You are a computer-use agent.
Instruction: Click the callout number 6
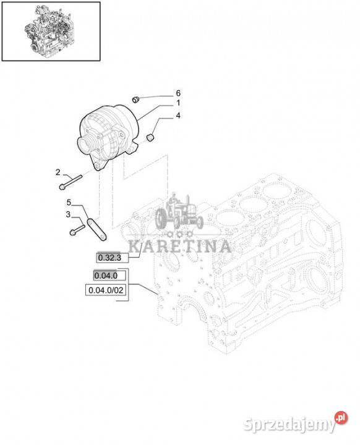point(178,93)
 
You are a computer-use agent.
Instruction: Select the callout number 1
point(178,103)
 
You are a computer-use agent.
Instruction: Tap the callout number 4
point(178,116)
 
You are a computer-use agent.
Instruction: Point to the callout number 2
point(58,172)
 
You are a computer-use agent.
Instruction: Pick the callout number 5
point(69,202)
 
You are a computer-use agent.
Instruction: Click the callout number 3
point(68,214)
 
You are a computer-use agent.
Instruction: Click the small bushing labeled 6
point(137,100)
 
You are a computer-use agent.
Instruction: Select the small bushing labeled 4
point(150,138)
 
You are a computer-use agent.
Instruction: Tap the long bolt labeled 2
point(71,182)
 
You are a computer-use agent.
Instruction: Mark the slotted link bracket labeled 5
point(96,229)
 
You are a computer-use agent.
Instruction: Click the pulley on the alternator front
point(87,145)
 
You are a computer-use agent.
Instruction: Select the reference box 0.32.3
point(113,258)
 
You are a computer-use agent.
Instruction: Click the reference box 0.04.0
point(109,275)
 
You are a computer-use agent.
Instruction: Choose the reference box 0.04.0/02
point(106,290)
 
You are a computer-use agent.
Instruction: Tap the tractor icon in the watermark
point(179,211)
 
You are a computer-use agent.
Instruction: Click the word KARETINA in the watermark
point(179,247)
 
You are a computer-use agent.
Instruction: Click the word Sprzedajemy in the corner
point(289,425)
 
